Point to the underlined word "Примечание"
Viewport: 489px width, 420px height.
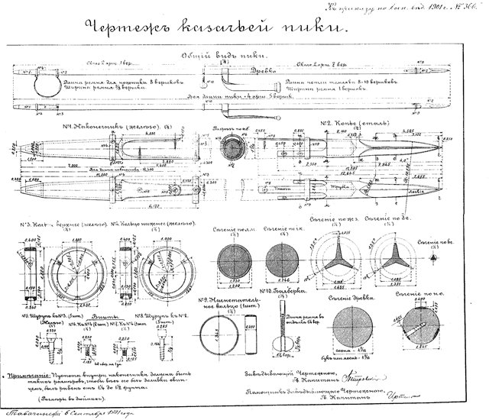[x=31, y=376]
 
